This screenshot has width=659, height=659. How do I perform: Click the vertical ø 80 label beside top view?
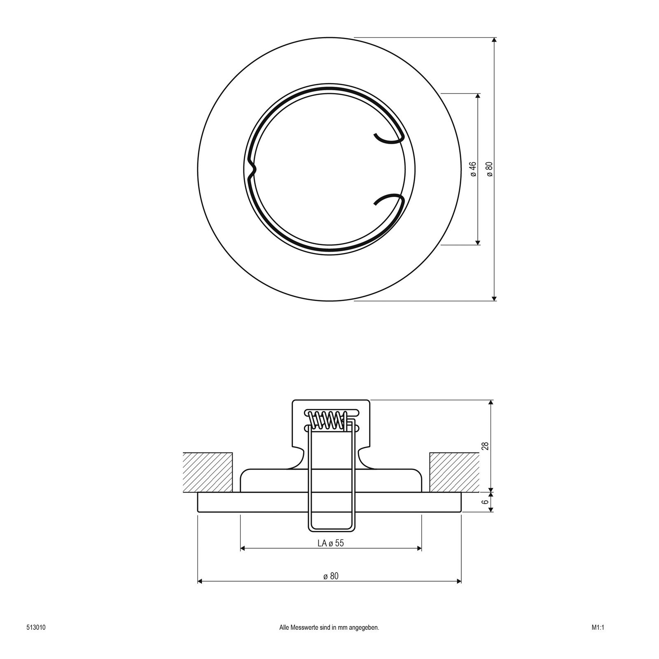(489, 169)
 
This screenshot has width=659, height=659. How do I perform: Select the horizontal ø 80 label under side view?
(330, 576)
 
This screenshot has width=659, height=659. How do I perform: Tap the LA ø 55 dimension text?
(330, 543)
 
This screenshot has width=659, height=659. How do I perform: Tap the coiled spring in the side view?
(327, 421)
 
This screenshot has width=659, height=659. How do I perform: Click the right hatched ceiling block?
(454, 472)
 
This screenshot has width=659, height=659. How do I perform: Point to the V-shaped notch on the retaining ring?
(252, 169)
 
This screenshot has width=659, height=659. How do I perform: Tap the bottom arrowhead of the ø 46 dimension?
(478, 242)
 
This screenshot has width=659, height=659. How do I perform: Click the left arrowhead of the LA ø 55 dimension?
(243, 548)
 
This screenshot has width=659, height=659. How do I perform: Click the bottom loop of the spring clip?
(331, 528)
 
